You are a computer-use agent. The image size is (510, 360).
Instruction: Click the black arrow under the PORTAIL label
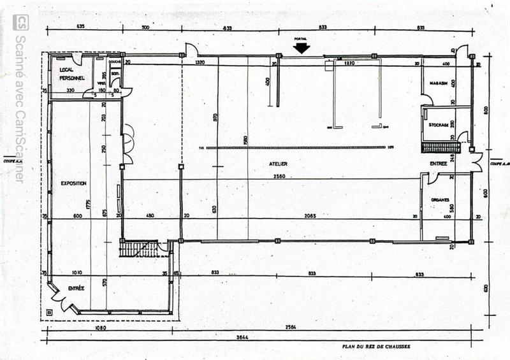click(302, 47)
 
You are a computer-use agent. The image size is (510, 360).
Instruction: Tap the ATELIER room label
click(278, 164)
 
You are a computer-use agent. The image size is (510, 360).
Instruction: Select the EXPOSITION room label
click(73, 183)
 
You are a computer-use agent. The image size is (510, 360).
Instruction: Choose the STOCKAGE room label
click(439, 125)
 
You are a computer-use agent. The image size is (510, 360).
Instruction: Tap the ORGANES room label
click(440, 199)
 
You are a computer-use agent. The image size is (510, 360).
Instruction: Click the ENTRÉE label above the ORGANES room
click(439, 164)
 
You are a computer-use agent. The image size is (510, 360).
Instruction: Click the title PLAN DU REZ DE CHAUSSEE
click(376, 347)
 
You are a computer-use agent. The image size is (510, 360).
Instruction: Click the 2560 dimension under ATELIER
click(278, 176)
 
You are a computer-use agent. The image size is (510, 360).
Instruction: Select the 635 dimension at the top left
click(80, 27)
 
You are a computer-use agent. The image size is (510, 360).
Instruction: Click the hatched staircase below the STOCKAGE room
click(440, 148)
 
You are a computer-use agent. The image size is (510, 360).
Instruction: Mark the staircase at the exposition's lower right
click(138, 248)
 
